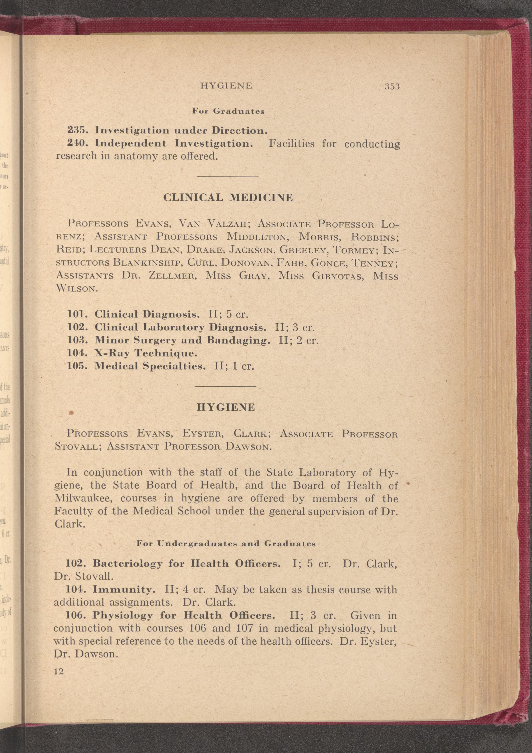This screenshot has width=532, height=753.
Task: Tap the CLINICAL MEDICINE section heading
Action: coord(228,198)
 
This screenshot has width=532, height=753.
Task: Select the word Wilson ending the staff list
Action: coord(76,289)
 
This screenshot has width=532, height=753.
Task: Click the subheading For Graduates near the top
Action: coord(228,111)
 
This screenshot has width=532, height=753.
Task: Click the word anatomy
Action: coord(136,156)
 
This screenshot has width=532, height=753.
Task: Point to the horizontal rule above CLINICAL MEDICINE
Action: coord(227,177)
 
